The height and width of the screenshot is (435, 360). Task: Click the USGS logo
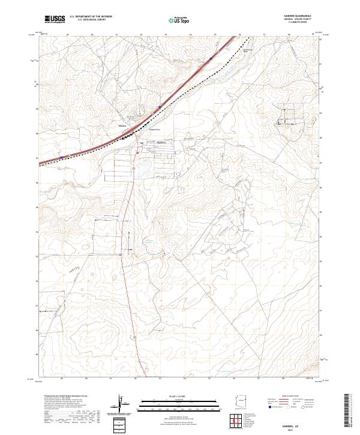pyautogui.click(x=54, y=19)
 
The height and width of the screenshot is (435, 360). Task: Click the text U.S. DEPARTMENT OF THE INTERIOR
pyautogui.click(x=91, y=17)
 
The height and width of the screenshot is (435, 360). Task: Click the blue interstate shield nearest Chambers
pyautogui.click(x=160, y=107)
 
